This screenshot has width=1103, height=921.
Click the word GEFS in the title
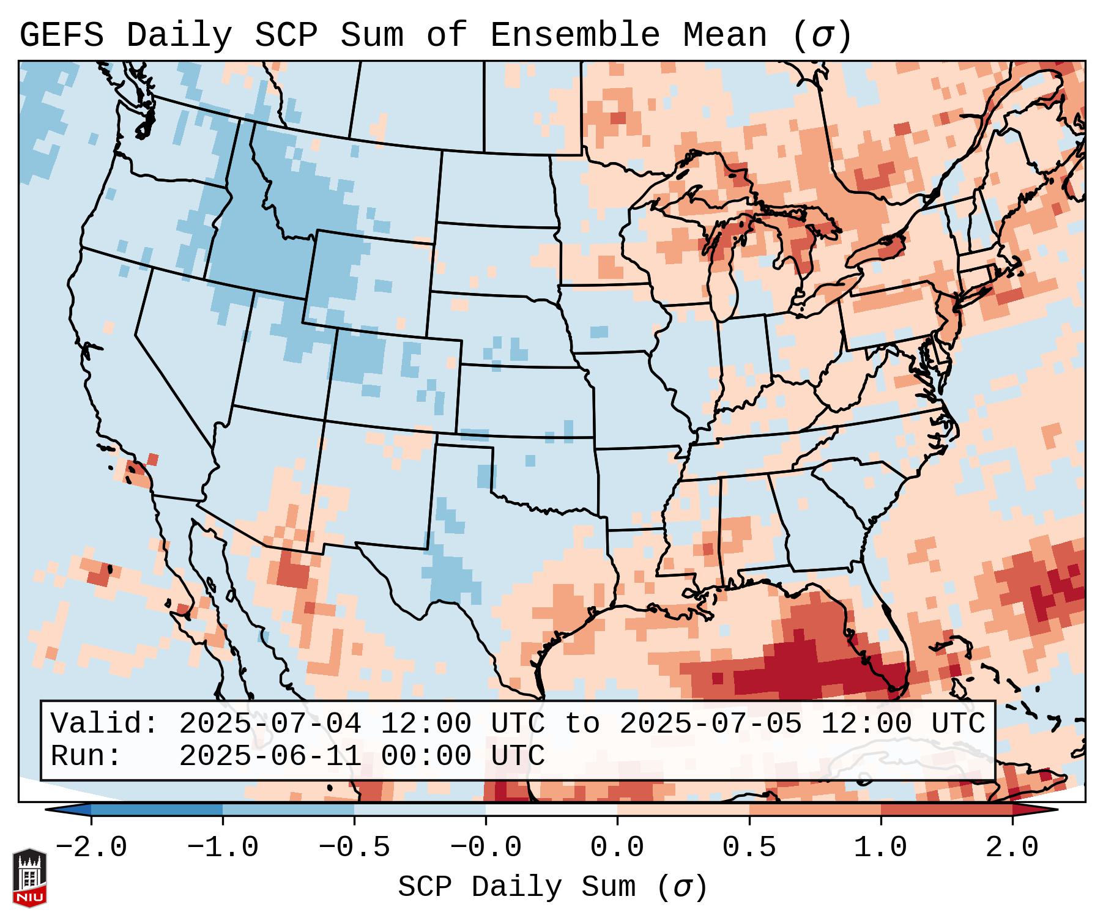coord(61,35)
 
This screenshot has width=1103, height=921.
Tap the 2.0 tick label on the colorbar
coord(1012,848)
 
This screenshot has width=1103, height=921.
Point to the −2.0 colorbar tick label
coord(91,848)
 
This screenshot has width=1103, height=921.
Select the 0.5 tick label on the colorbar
coord(749,848)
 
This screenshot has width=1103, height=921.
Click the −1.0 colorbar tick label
coord(223,848)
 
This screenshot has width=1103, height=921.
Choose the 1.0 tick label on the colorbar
coord(880,848)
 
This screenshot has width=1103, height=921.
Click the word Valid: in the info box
coord(105,724)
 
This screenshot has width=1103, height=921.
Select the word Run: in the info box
coord(86,756)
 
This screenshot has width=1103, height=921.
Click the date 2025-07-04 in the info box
coord(270,724)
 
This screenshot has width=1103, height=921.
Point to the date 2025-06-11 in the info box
coord(270,756)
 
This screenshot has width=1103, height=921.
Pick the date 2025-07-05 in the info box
coord(710,724)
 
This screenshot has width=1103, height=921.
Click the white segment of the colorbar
coord(551,810)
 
